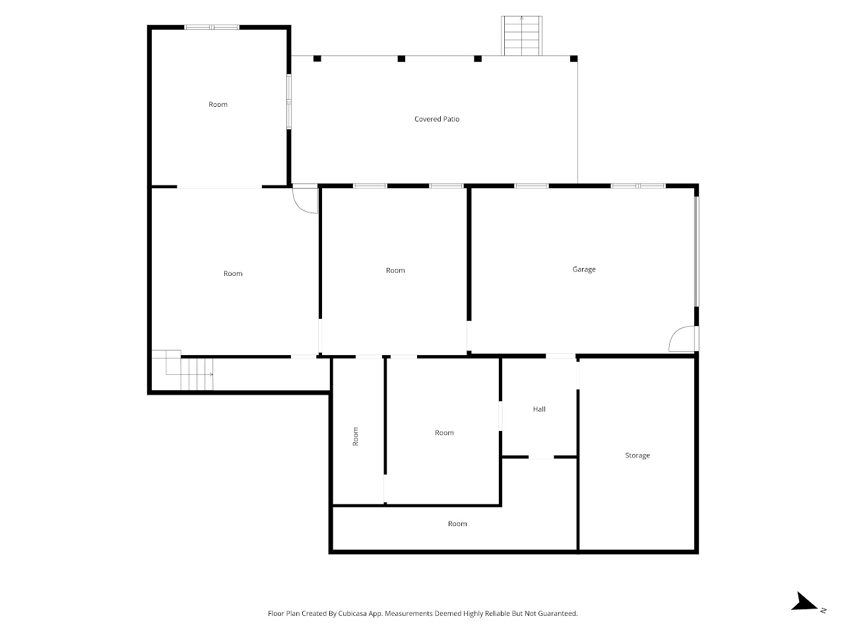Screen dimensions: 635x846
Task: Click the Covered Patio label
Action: pos(437,119)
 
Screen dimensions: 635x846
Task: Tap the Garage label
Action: pos(584,269)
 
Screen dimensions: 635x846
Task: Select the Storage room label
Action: pos(637,455)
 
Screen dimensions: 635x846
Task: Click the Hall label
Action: pos(539,409)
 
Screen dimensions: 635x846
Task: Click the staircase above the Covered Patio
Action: pos(522,36)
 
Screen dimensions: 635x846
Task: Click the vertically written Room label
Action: pos(355,436)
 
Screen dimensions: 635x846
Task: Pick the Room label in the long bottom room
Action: pos(457,524)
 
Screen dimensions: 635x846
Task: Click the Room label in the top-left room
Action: pos(218,104)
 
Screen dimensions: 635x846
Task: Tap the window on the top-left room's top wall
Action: pos(211,28)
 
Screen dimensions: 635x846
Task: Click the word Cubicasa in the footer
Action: pos(354,613)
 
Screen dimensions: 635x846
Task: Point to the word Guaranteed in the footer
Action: pos(560,613)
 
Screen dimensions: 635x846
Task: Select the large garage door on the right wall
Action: pos(696,251)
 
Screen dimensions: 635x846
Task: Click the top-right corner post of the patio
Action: pos(573,59)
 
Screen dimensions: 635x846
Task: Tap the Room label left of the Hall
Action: pos(444,433)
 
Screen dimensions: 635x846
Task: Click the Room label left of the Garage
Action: pos(395,271)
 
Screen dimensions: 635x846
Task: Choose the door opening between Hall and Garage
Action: pos(560,356)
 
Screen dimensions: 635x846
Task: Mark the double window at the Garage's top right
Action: pos(638,186)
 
